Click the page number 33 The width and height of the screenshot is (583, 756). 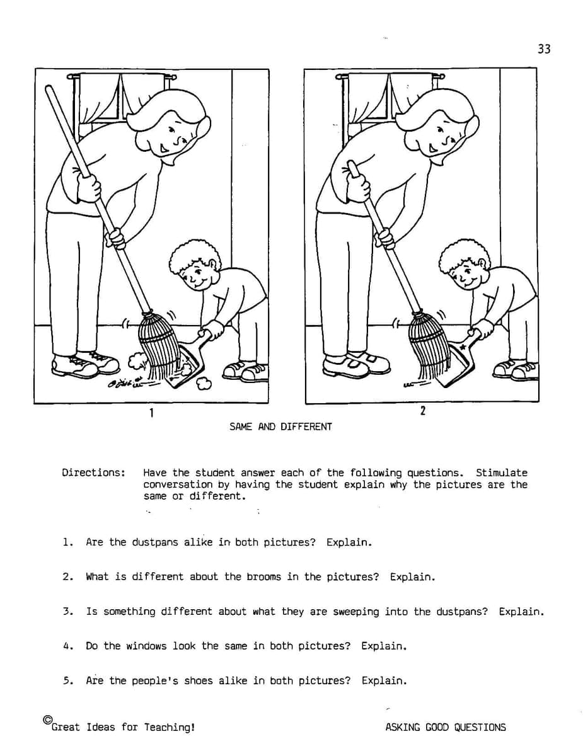(x=544, y=49)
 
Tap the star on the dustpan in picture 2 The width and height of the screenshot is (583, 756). (x=463, y=347)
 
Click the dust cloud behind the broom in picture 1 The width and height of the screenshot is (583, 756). (x=136, y=361)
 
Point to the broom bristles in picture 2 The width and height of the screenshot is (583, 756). (x=427, y=347)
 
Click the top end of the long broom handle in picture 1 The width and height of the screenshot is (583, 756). (x=49, y=88)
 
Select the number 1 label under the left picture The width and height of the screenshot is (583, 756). (x=151, y=413)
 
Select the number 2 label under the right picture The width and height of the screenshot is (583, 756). (x=422, y=411)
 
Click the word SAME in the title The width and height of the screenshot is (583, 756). (x=241, y=427)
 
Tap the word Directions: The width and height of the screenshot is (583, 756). (x=93, y=472)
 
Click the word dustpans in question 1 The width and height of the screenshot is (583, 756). (x=154, y=542)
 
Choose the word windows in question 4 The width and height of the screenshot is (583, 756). (x=146, y=646)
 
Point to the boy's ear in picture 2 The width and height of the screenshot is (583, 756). (x=483, y=265)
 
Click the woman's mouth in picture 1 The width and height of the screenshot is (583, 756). (x=163, y=149)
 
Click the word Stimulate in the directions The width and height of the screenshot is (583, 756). (x=502, y=472)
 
